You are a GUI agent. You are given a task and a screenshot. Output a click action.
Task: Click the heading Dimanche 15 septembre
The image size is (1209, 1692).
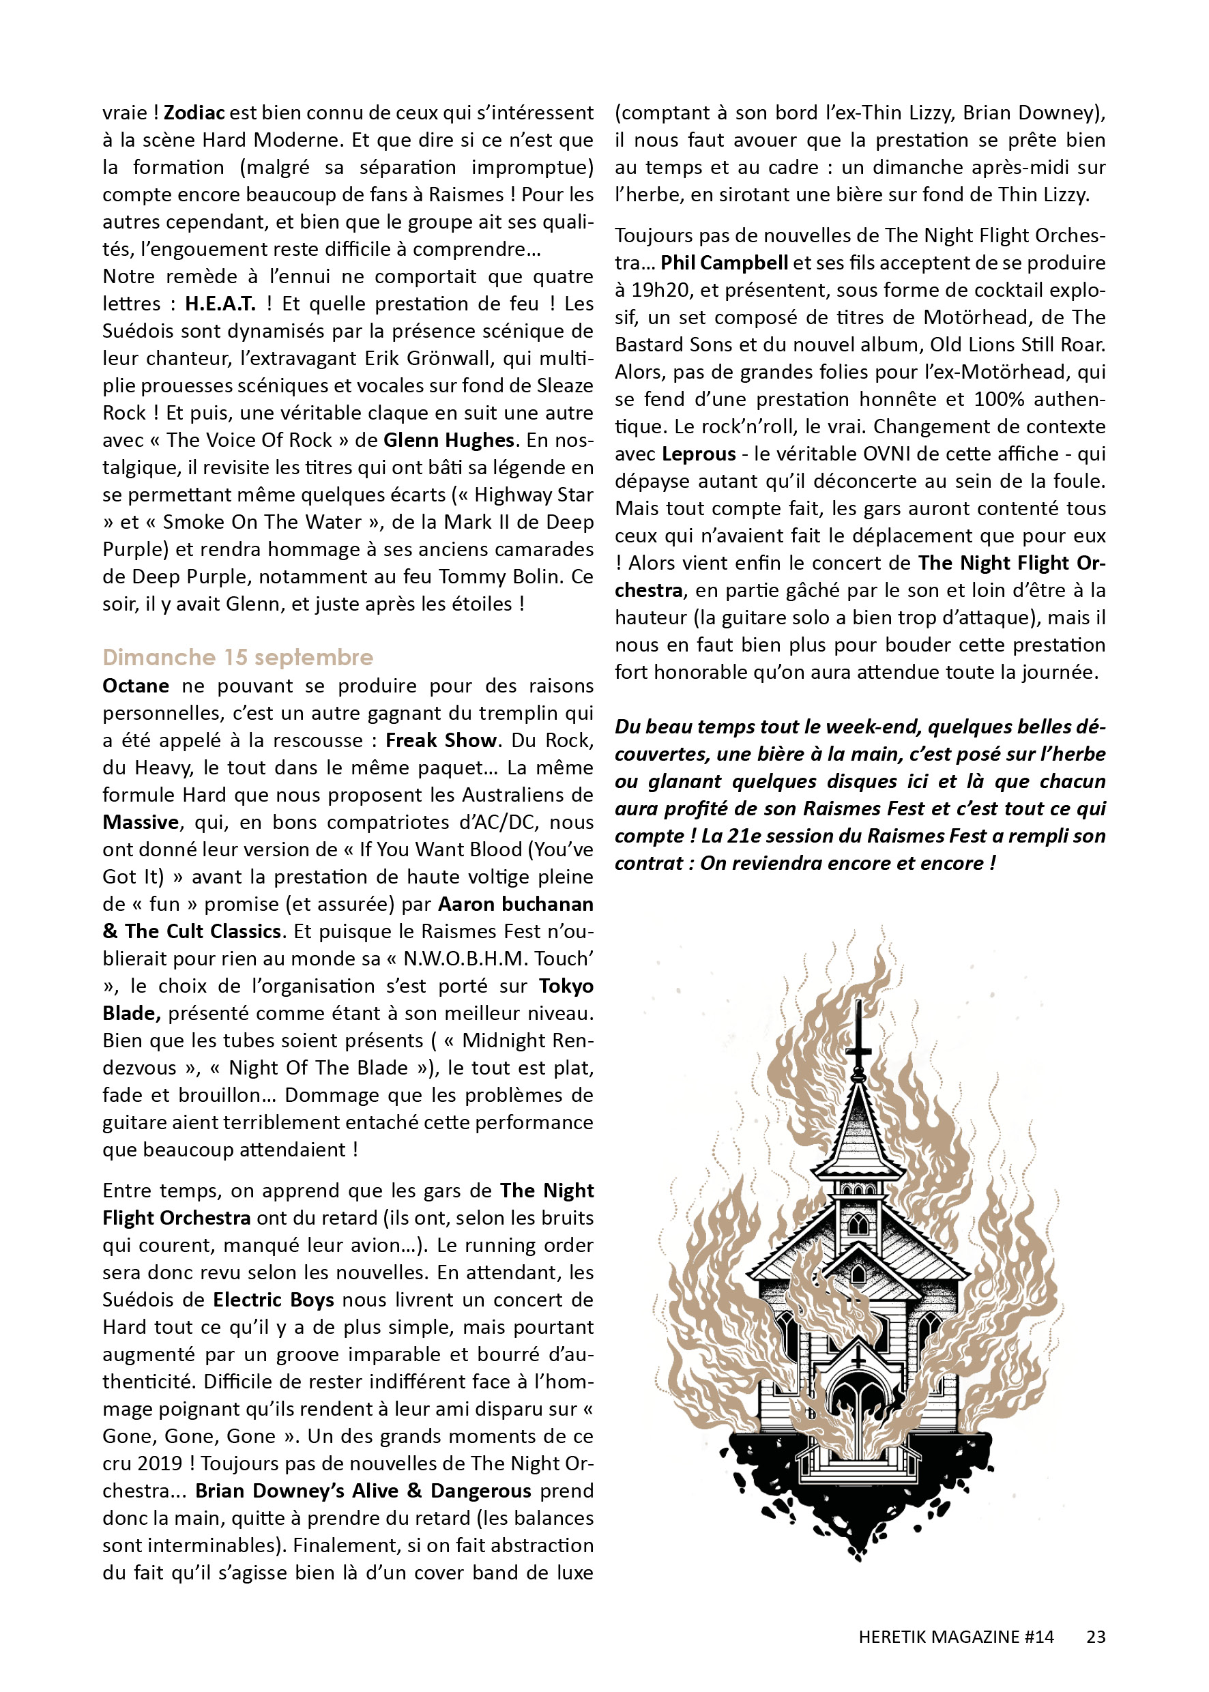pyautogui.click(x=237, y=657)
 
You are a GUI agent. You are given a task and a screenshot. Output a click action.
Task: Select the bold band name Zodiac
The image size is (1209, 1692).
pyautogui.click(x=194, y=113)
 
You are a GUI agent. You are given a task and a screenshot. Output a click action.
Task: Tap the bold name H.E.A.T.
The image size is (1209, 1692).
pyautogui.click(x=220, y=304)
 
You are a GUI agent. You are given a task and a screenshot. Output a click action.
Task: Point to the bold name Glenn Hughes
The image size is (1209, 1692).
pyautogui.click(x=449, y=440)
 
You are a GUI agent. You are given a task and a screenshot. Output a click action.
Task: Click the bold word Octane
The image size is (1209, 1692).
pyautogui.click(x=136, y=686)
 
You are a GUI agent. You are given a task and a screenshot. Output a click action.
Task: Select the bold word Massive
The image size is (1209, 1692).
pyautogui.click(x=141, y=823)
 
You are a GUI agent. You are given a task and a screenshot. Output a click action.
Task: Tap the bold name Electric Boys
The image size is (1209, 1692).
pyautogui.click(x=273, y=1300)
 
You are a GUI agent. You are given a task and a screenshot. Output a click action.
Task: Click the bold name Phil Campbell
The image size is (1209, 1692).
pyautogui.click(x=724, y=263)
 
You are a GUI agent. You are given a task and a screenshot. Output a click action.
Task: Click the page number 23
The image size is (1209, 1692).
pyautogui.click(x=1095, y=1637)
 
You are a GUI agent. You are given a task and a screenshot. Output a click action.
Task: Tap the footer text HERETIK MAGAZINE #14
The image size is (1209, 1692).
pyautogui.click(x=956, y=1637)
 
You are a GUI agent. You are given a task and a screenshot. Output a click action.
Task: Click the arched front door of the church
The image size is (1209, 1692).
pyautogui.click(x=858, y=1418)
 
